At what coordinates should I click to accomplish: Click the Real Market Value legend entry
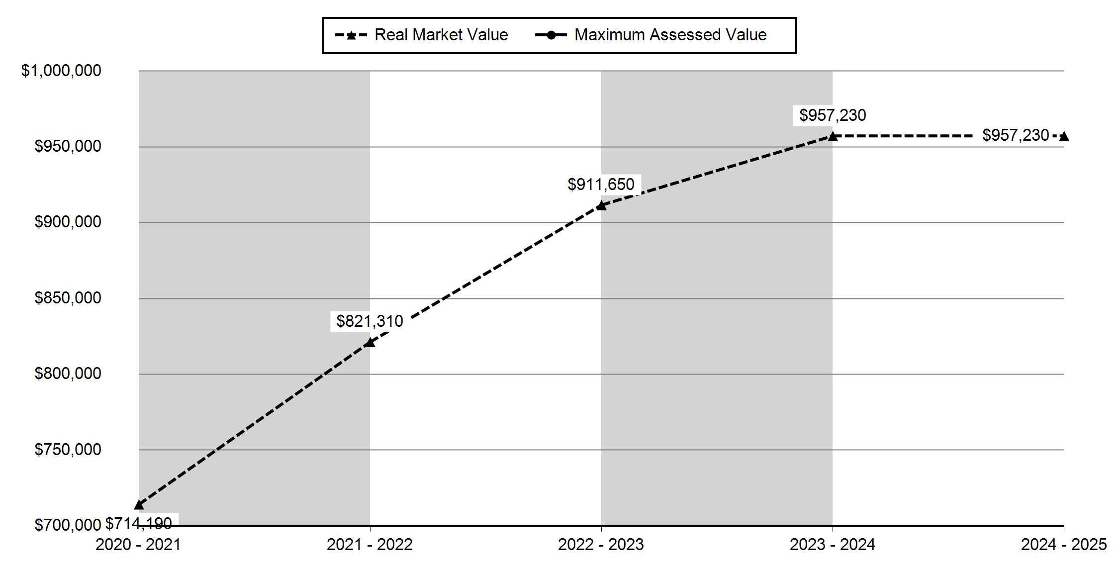click(x=422, y=35)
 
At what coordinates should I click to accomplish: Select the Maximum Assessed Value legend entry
click(x=651, y=35)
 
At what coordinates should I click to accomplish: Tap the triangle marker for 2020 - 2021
click(x=139, y=505)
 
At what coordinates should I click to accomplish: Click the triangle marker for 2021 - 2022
click(x=370, y=342)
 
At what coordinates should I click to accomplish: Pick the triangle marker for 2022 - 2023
click(x=601, y=205)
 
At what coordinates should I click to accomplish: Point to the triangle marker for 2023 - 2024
click(x=832, y=136)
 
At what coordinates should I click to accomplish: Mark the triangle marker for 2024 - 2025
click(x=1063, y=136)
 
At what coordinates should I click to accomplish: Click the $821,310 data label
click(x=370, y=321)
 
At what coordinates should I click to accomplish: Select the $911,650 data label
click(x=601, y=185)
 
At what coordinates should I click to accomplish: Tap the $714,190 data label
click(x=139, y=523)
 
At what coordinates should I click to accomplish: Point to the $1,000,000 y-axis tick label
click(x=61, y=71)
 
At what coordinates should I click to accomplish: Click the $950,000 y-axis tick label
click(x=68, y=146)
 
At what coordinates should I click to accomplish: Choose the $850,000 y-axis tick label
click(x=68, y=298)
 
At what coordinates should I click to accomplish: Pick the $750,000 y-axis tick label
click(x=68, y=450)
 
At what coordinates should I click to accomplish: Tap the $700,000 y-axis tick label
click(x=68, y=525)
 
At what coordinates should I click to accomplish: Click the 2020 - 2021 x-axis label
click(x=138, y=545)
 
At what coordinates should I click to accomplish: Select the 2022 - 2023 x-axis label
click(x=601, y=545)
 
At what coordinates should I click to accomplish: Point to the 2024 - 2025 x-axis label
click(x=1064, y=545)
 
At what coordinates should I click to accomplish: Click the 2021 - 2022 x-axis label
click(x=370, y=545)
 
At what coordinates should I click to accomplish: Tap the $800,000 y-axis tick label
click(x=68, y=374)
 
